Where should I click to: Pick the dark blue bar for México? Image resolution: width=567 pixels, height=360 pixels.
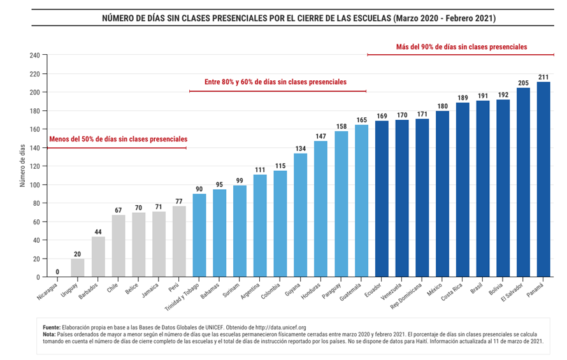442,194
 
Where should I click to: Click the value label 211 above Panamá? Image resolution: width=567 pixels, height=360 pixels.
543,77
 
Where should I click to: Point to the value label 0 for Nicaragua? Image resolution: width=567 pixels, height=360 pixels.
57,272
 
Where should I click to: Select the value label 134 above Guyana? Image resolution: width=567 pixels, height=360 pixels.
301,148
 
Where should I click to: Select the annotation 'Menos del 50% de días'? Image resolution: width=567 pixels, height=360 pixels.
118,138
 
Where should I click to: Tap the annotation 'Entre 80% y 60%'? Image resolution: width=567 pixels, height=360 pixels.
275,82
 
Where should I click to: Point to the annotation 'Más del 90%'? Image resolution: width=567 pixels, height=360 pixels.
461,47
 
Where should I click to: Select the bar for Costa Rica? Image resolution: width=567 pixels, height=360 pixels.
463,190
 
